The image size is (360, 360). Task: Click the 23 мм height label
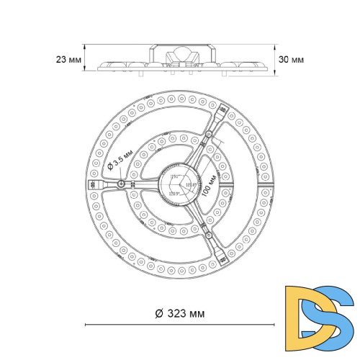click(66, 60)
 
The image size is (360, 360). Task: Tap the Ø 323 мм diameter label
click(179, 313)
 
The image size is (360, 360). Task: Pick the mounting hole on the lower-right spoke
click(208, 234)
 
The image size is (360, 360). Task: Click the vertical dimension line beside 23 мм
click(85, 58)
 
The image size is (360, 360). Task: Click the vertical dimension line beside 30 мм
click(276, 57)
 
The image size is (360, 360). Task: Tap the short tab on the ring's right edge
click(268, 184)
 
